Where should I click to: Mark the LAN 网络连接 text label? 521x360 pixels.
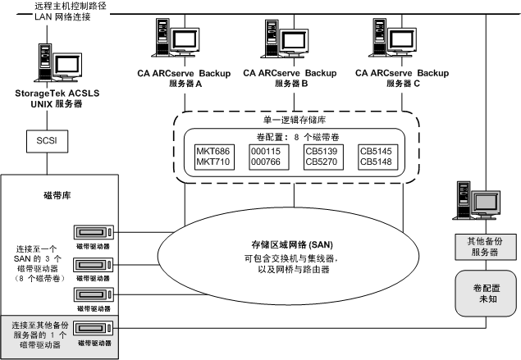tap(66, 17)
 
